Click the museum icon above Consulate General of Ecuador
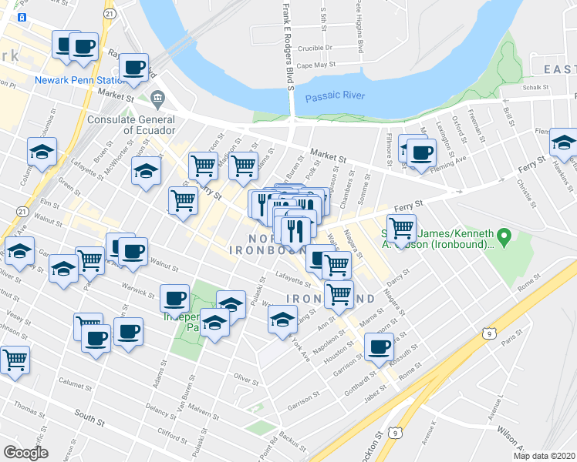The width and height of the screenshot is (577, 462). (x=159, y=99)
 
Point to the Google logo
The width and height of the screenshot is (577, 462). (x=25, y=453)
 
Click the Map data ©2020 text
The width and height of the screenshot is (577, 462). (x=545, y=456)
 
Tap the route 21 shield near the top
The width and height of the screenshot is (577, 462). (x=110, y=14)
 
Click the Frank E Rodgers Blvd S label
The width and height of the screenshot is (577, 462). (x=288, y=46)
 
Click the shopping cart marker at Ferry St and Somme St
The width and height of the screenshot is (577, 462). (x=402, y=228)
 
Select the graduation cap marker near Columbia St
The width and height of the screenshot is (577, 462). (x=42, y=152)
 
